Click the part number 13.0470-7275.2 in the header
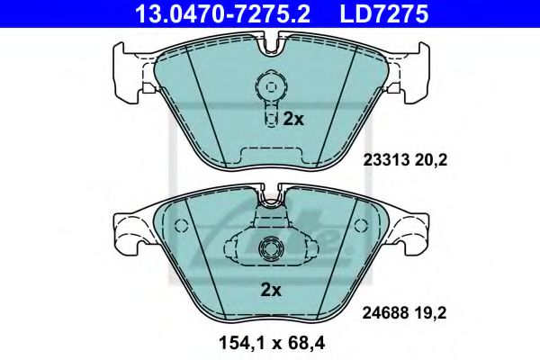[231, 13]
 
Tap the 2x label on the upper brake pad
[293, 119]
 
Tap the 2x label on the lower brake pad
[271, 290]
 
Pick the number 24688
[384, 315]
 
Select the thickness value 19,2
[430, 315]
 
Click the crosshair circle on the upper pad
[267, 87]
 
